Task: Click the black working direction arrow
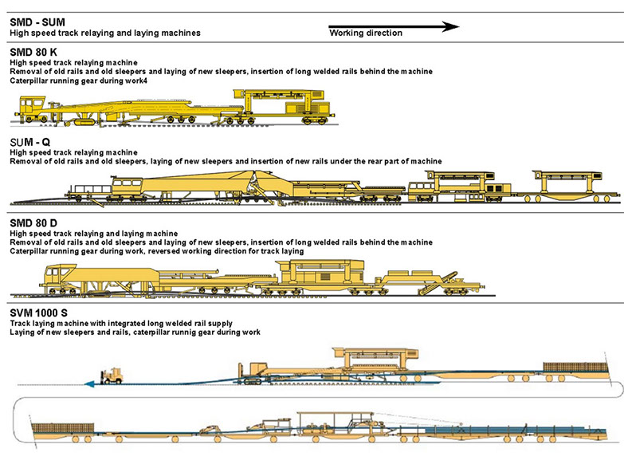(394, 26)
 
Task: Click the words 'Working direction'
(366, 33)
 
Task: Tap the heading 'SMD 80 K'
(33, 53)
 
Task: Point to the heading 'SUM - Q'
(31, 143)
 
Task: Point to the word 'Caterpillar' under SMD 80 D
(29, 251)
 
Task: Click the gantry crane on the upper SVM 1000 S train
(375, 358)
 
